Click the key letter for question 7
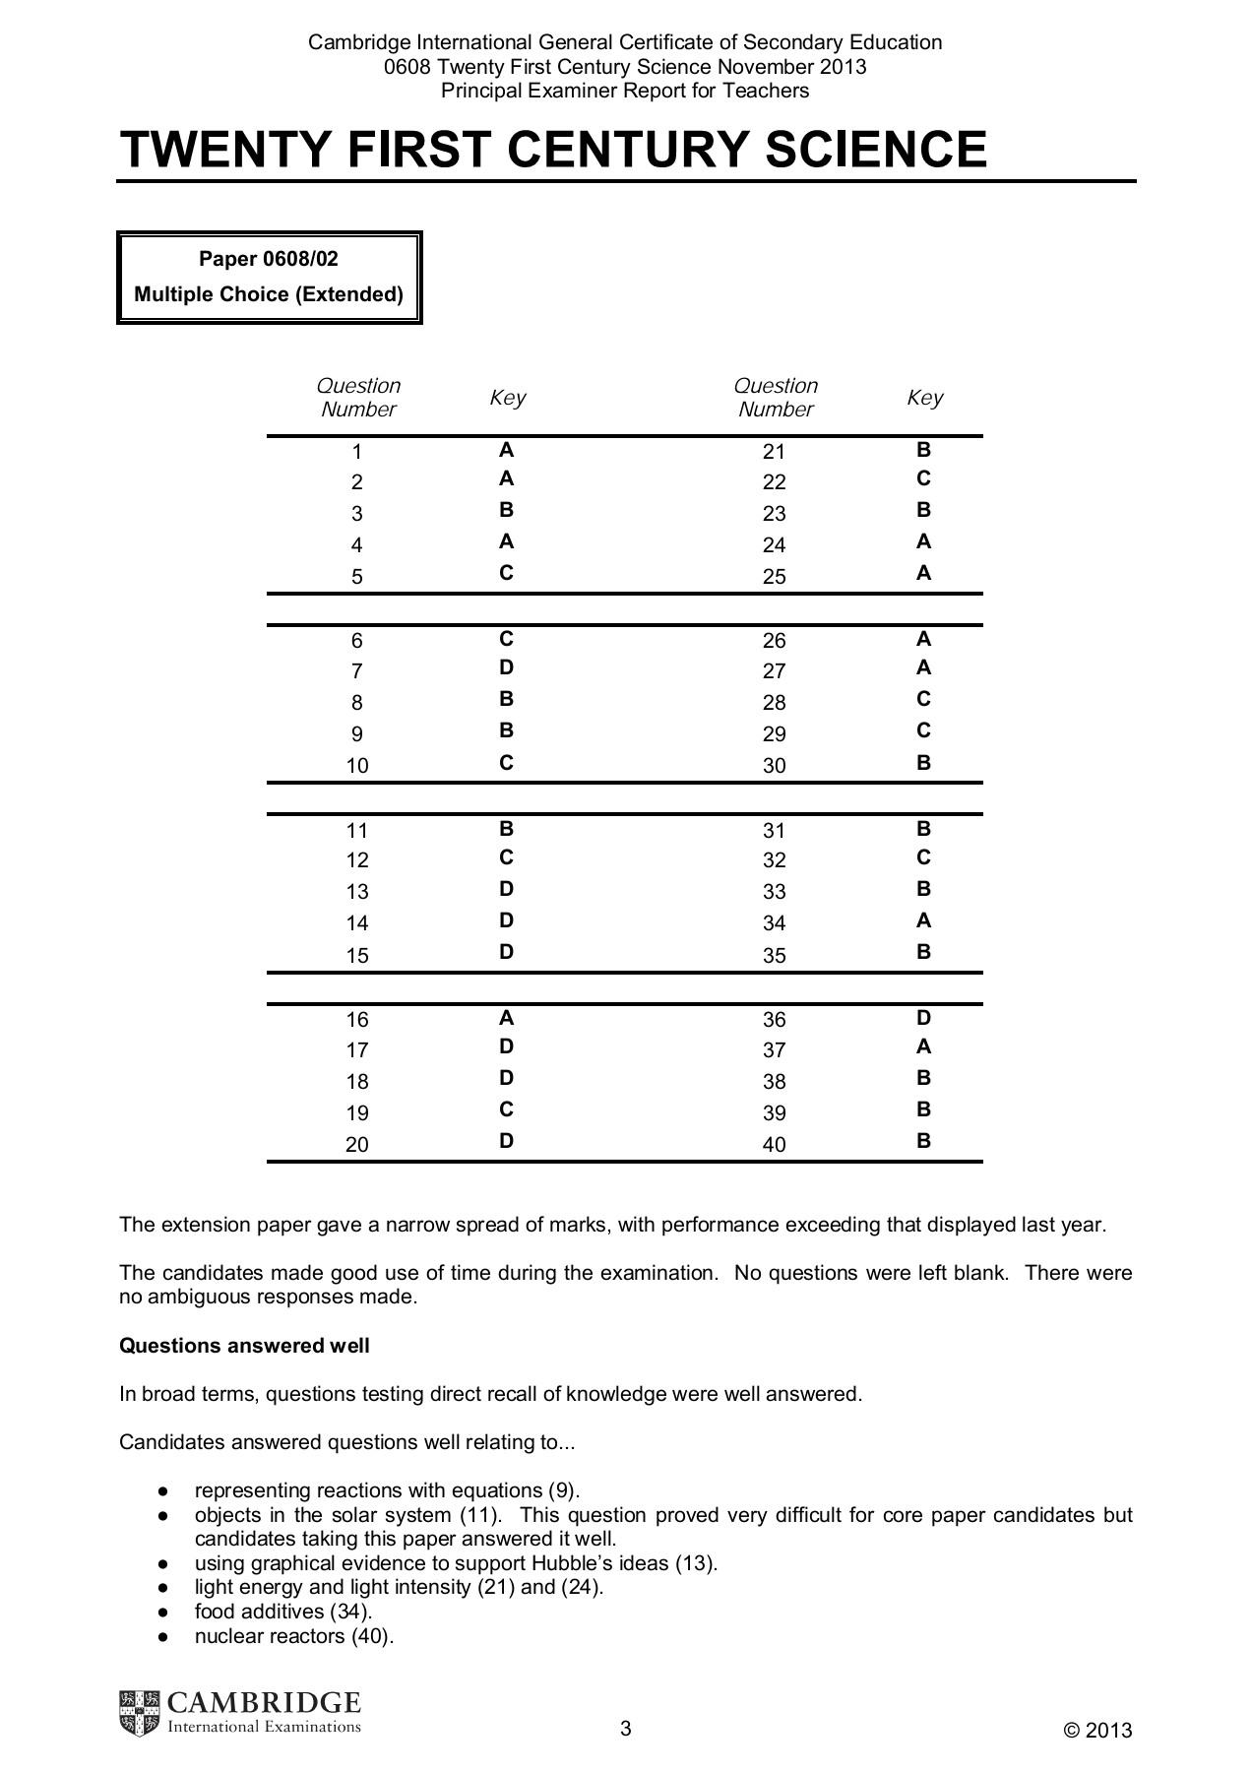[506, 668]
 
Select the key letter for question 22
[923, 479]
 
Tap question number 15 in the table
[357, 955]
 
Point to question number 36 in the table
[775, 1020]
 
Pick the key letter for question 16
[506, 1018]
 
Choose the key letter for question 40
[923, 1142]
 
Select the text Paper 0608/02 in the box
[269, 259]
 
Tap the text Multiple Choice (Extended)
[269, 294]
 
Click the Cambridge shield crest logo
[139, 1713]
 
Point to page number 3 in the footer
[626, 1729]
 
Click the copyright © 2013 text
[1098, 1731]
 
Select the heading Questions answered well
[244, 1346]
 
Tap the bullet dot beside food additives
[163, 1613]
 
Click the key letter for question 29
[923, 731]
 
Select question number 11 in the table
[357, 830]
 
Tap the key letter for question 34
[923, 921]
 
